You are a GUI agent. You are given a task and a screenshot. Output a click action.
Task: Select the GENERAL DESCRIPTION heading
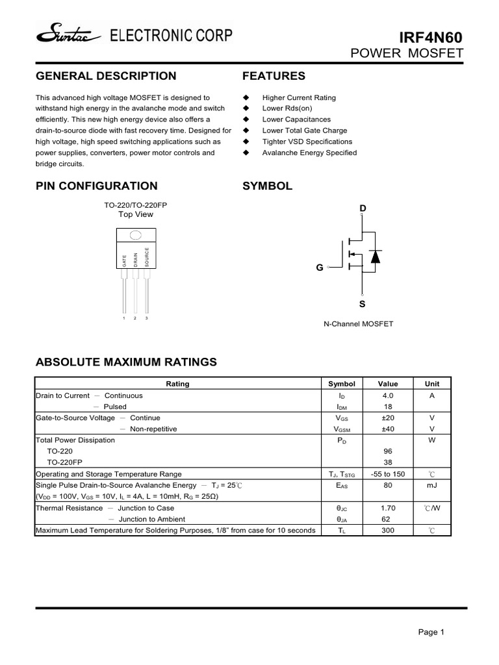pos(105,76)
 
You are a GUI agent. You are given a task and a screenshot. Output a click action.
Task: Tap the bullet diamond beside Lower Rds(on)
pos(246,108)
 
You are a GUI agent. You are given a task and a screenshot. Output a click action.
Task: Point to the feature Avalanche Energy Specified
pos(309,153)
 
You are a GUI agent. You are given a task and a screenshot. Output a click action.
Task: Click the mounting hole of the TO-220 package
pos(136,235)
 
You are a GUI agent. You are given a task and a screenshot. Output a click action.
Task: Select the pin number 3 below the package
pos(147,318)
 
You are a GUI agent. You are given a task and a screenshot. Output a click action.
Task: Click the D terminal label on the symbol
pos(363,208)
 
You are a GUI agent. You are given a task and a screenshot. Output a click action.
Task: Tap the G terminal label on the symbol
pos(320,267)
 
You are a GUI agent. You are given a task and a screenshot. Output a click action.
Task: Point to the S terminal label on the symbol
pos(363,303)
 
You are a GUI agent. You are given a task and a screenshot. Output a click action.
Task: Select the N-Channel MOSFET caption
pos(358,323)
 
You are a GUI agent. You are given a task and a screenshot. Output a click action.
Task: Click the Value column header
pos(388,384)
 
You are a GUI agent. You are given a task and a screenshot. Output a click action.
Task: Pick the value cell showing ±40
pos(388,429)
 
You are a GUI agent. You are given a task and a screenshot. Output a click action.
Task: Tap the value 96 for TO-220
pos(388,451)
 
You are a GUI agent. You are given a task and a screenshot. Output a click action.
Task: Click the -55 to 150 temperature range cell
pos(388,473)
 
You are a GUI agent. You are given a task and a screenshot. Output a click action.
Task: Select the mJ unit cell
pos(432,485)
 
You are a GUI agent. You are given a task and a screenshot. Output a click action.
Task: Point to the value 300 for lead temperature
pos(388,531)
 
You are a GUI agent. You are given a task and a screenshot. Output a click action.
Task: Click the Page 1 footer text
pos(431,632)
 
